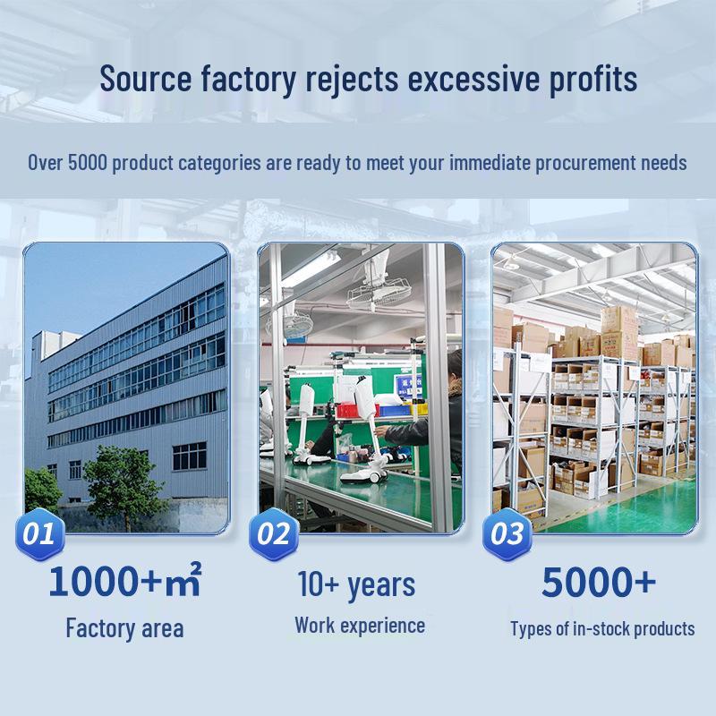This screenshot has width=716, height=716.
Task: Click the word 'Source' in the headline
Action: click(146, 79)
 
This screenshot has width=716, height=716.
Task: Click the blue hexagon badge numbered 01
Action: click(40, 533)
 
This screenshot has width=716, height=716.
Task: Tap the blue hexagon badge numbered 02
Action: click(274, 533)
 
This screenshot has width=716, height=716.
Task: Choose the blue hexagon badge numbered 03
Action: click(507, 533)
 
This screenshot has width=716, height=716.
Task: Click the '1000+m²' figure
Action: click(124, 580)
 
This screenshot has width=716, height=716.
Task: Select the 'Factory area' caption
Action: click(124, 628)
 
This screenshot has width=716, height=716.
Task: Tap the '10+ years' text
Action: click(356, 585)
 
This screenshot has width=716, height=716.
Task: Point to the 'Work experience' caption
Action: click(360, 625)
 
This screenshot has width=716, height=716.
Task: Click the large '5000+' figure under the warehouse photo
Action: click(599, 582)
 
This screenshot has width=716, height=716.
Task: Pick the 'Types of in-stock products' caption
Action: click(602, 629)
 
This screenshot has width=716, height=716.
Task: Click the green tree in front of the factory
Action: click(124, 484)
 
